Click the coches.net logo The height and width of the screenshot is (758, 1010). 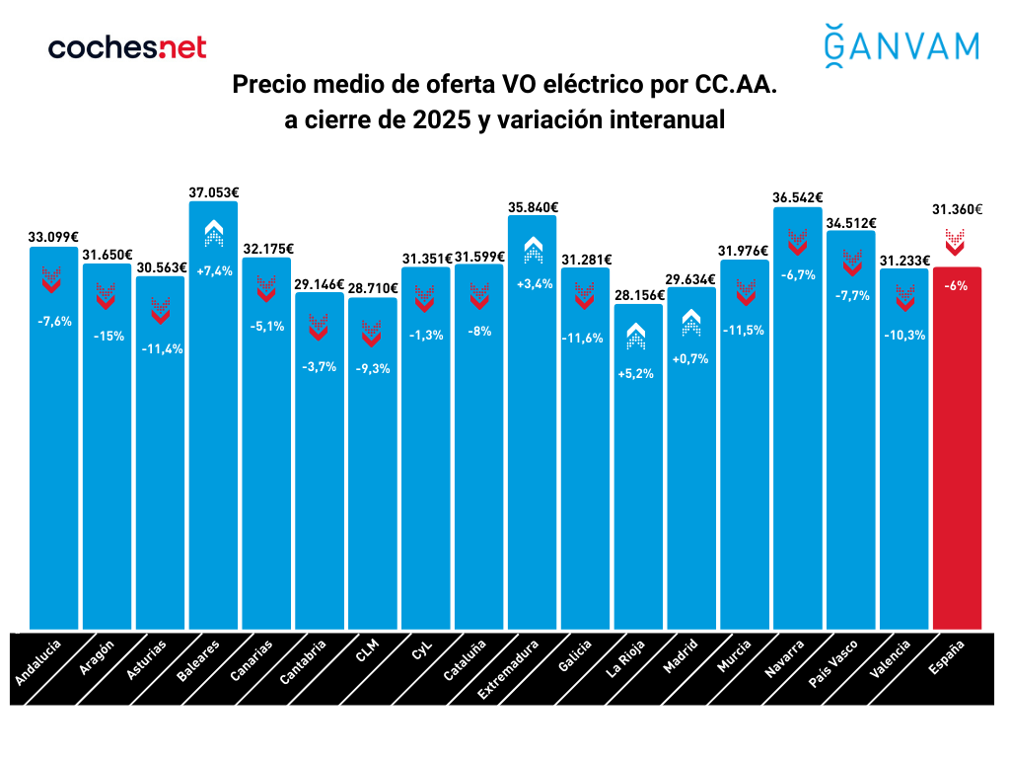coord(127,46)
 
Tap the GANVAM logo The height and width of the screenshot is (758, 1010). coord(901,45)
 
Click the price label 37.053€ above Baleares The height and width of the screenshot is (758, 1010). coord(214,193)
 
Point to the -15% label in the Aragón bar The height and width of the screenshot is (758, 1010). coord(108,336)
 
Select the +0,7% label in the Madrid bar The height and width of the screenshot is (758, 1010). coord(691,359)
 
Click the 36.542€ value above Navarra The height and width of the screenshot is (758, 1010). coord(798,197)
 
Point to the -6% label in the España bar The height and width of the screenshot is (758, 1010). coord(956,286)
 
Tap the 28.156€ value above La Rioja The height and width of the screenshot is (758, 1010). coord(638,294)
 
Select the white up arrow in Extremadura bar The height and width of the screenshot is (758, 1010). coord(532,249)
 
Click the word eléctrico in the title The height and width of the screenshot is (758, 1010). coord(576,86)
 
